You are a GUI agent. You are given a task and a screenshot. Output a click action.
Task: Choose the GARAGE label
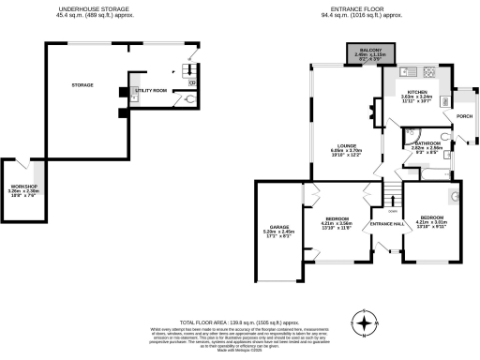[x=278, y=227]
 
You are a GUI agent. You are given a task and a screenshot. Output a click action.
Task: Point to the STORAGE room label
[x=82, y=85]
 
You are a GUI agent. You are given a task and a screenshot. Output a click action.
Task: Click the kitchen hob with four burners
[x=432, y=72]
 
